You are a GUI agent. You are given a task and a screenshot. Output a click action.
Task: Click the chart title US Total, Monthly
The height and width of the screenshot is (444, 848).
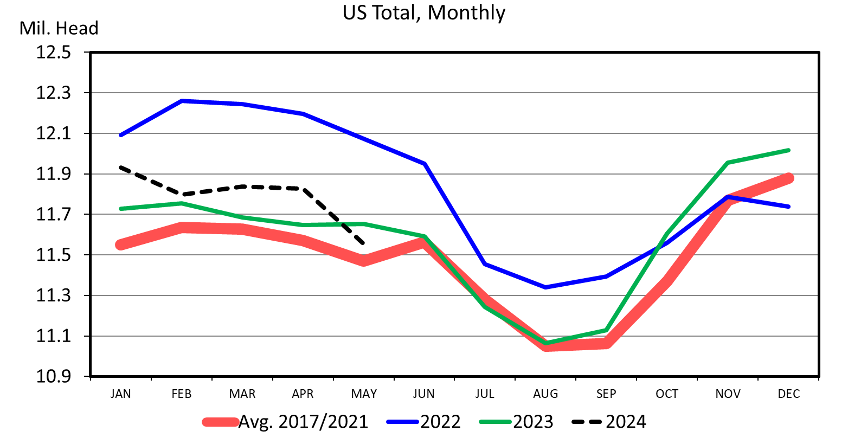(423, 12)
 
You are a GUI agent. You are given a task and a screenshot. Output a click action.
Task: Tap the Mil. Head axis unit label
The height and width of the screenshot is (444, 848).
(59, 28)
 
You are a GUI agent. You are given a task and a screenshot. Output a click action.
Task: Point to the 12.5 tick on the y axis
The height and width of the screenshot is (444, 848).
(54, 53)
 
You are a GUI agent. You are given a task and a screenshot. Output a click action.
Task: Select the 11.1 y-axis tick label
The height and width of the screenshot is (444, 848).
(54, 336)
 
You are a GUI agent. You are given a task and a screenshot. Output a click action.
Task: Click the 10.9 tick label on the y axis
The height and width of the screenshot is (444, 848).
(54, 376)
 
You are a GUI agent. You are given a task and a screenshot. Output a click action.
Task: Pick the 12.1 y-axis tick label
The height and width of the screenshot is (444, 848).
(54, 133)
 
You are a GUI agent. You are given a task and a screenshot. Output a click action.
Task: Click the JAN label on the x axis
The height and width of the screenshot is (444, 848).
(120, 394)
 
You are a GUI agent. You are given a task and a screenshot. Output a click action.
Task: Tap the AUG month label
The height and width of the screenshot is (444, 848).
(545, 394)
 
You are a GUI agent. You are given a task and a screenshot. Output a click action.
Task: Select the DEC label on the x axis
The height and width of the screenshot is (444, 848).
(788, 394)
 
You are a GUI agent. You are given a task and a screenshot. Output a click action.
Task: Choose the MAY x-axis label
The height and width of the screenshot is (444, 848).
(364, 394)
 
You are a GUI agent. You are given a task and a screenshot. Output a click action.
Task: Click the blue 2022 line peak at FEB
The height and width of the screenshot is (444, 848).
(182, 101)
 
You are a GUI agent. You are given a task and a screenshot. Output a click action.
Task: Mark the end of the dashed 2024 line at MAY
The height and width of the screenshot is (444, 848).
(363, 243)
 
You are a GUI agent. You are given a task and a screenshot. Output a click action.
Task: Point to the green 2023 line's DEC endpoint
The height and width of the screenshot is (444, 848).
(788, 150)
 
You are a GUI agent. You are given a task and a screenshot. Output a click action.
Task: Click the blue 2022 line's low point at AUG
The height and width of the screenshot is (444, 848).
(545, 287)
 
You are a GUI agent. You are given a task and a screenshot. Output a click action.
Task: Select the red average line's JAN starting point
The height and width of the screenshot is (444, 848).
(120, 245)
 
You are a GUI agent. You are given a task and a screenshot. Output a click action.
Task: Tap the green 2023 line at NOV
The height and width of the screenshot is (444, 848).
(728, 163)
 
